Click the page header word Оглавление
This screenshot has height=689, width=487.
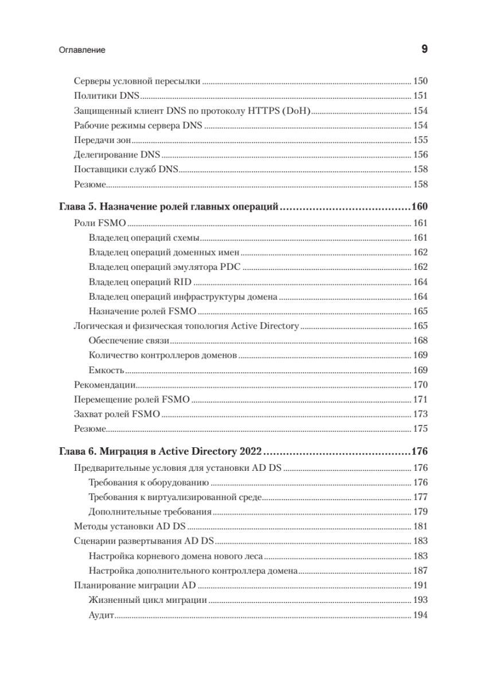tap(81, 51)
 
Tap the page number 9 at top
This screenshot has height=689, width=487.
tap(424, 50)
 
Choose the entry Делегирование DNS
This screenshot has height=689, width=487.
tap(118, 155)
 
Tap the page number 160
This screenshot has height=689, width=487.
tap(419, 207)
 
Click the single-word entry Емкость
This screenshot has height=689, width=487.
tap(107, 370)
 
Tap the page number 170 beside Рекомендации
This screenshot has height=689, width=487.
tap(420, 385)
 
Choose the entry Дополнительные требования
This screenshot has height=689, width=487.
tap(150, 511)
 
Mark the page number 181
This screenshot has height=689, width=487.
tap(420, 526)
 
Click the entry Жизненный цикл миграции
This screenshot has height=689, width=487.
tap(148, 600)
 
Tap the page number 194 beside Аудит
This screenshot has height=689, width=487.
tap(420, 615)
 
